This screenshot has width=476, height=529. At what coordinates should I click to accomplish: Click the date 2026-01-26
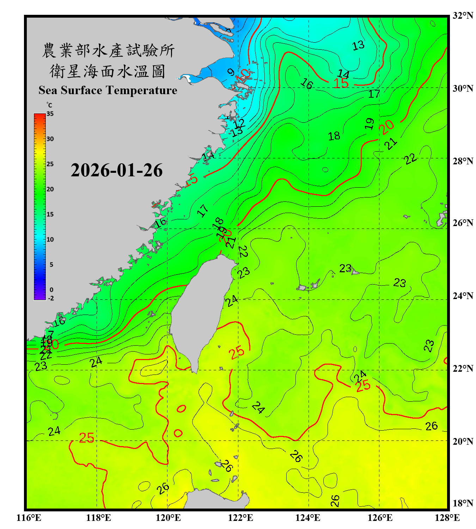tap(116, 170)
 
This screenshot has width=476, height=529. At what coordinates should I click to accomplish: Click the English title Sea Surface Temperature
tap(108, 90)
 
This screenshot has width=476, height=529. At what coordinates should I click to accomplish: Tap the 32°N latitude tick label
tap(463, 16)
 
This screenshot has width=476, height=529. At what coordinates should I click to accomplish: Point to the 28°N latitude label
tap(463, 161)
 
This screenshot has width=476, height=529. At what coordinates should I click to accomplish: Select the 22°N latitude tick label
tap(463, 369)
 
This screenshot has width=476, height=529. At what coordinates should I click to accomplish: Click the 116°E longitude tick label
tap(29, 518)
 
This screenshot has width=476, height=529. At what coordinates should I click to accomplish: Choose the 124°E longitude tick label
tap(308, 518)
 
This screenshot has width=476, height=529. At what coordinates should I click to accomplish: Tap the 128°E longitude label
tap(447, 518)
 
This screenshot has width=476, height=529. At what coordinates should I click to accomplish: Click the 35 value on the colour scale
tap(50, 114)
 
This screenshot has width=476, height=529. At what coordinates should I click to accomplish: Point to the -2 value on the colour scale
tap(51, 298)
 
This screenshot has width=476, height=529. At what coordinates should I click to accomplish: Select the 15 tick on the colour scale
tap(50, 214)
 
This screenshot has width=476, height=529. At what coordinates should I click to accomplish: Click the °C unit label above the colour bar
tap(49, 105)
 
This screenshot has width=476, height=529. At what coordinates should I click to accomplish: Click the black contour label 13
tap(358, 45)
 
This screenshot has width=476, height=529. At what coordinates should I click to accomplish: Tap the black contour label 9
tap(231, 73)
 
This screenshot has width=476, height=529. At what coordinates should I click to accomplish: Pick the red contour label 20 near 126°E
tap(386, 127)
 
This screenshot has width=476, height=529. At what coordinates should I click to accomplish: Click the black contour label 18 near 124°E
tap(334, 136)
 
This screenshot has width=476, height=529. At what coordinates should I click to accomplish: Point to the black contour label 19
tap(369, 124)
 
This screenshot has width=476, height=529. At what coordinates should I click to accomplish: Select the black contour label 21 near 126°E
tap(391, 144)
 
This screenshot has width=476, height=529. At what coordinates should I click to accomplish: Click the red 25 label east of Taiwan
tap(236, 352)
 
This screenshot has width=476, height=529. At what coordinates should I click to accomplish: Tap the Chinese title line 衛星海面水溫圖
tap(108, 71)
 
